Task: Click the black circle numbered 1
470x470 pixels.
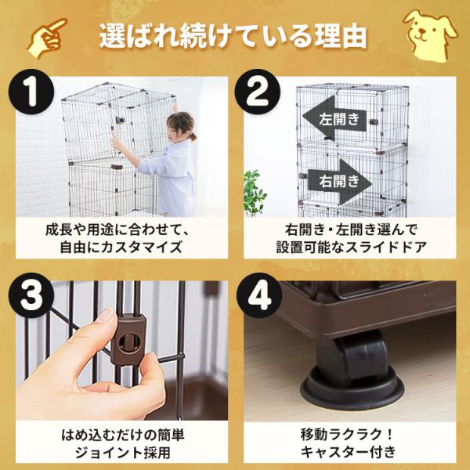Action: click(x=31, y=92)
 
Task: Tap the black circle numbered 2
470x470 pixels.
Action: click(x=257, y=92)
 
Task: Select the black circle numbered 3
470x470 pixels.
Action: click(x=31, y=295)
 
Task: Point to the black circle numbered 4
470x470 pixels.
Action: click(x=259, y=295)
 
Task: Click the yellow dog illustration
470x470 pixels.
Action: click(x=430, y=35)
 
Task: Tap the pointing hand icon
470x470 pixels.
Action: click(x=47, y=38)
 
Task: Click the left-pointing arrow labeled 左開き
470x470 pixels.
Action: click(x=334, y=118)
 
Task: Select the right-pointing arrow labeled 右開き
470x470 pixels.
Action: click(x=340, y=182)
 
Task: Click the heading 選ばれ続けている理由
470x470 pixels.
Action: click(x=233, y=37)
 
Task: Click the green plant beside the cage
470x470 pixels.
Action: click(x=254, y=193)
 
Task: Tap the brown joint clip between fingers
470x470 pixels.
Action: click(x=129, y=338)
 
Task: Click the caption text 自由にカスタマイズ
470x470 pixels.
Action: click(x=121, y=248)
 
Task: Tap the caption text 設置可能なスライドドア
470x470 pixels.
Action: click(x=351, y=248)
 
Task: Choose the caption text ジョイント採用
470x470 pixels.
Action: click(x=123, y=452)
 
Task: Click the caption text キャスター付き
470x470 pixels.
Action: click(x=349, y=452)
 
